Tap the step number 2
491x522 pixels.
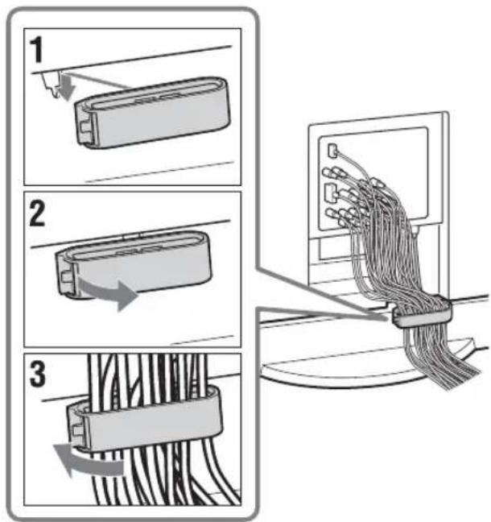(37, 214)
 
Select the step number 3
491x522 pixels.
(37, 374)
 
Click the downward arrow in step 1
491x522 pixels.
(67, 87)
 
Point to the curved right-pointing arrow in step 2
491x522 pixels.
(109, 293)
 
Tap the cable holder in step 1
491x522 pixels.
(152, 114)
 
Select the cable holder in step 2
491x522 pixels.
(133, 263)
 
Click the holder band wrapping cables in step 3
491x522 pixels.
(146, 418)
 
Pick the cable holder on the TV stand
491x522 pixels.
(422, 311)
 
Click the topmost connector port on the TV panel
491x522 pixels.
(332, 151)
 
